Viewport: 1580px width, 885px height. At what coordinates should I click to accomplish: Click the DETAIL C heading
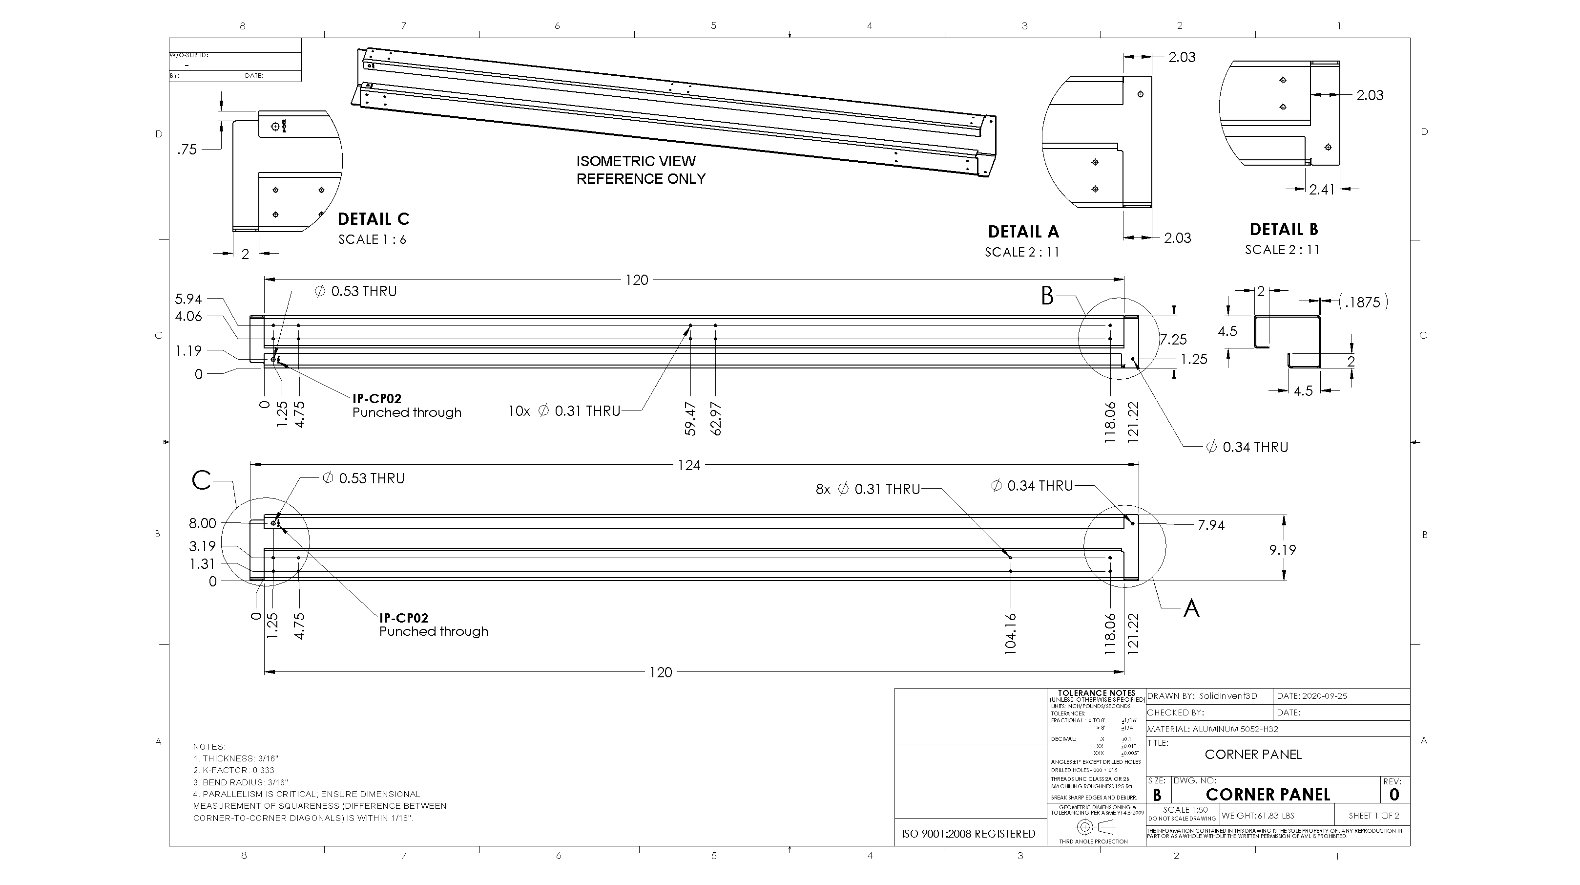click(x=373, y=219)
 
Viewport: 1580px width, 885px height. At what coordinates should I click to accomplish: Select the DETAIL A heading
click(x=1023, y=232)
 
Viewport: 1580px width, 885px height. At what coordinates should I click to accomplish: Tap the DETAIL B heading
click(x=1283, y=230)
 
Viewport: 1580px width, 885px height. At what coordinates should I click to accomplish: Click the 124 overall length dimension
click(x=688, y=465)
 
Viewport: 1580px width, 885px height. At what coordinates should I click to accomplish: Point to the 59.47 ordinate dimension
click(x=690, y=419)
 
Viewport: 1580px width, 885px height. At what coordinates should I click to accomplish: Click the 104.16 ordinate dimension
click(x=1011, y=633)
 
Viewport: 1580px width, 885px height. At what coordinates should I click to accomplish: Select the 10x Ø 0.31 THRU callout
click(x=564, y=411)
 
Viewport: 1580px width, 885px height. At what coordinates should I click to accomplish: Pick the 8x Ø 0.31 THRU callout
click(x=867, y=489)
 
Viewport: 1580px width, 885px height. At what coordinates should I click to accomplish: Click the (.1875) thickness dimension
click(x=1363, y=302)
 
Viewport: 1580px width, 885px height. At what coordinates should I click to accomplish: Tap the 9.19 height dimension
click(x=1283, y=550)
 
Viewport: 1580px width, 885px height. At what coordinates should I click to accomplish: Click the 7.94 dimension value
click(x=1211, y=525)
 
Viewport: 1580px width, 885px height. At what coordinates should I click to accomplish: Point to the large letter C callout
click(x=201, y=480)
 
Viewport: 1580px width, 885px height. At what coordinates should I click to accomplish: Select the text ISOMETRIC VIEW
click(x=635, y=161)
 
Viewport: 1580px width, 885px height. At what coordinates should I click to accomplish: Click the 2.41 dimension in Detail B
click(x=1322, y=190)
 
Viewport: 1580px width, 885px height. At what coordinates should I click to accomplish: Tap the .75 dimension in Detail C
click(x=187, y=150)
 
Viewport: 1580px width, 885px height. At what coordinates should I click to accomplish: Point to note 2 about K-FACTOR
click(x=235, y=770)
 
